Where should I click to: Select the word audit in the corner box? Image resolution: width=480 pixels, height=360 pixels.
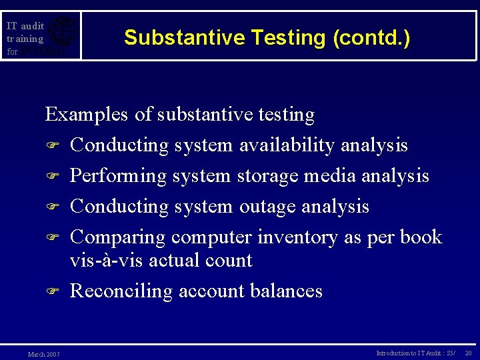click(x=32, y=26)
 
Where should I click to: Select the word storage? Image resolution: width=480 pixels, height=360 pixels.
click(x=267, y=176)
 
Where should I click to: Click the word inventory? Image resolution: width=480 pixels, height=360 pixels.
click(x=298, y=237)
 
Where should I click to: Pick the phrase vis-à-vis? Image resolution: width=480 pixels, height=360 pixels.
click(x=107, y=260)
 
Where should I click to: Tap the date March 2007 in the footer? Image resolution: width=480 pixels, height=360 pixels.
click(x=43, y=354)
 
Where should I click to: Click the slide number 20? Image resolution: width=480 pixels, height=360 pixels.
click(x=468, y=353)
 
